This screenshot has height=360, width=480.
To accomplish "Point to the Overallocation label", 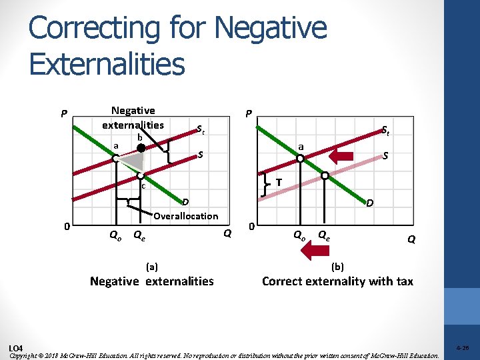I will pyautogui.click(x=185, y=216).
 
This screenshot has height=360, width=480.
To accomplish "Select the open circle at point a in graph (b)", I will pyautogui.click(x=300, y=159).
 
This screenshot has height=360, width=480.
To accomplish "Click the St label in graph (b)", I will pyautogui.click(x=385, y=131).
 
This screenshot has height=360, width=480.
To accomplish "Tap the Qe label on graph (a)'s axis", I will pyautogui.click(x=140, y=234).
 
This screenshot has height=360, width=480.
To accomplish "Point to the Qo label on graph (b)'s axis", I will pyautogui.click(x=300, y=234).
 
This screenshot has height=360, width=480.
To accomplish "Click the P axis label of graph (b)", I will pyautogui.click(x=248, y=114).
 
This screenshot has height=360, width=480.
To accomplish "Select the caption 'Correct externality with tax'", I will pyautogui.click(x=337, y=281).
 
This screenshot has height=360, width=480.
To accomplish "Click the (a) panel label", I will pyautogui.click(x=152, y=266).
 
